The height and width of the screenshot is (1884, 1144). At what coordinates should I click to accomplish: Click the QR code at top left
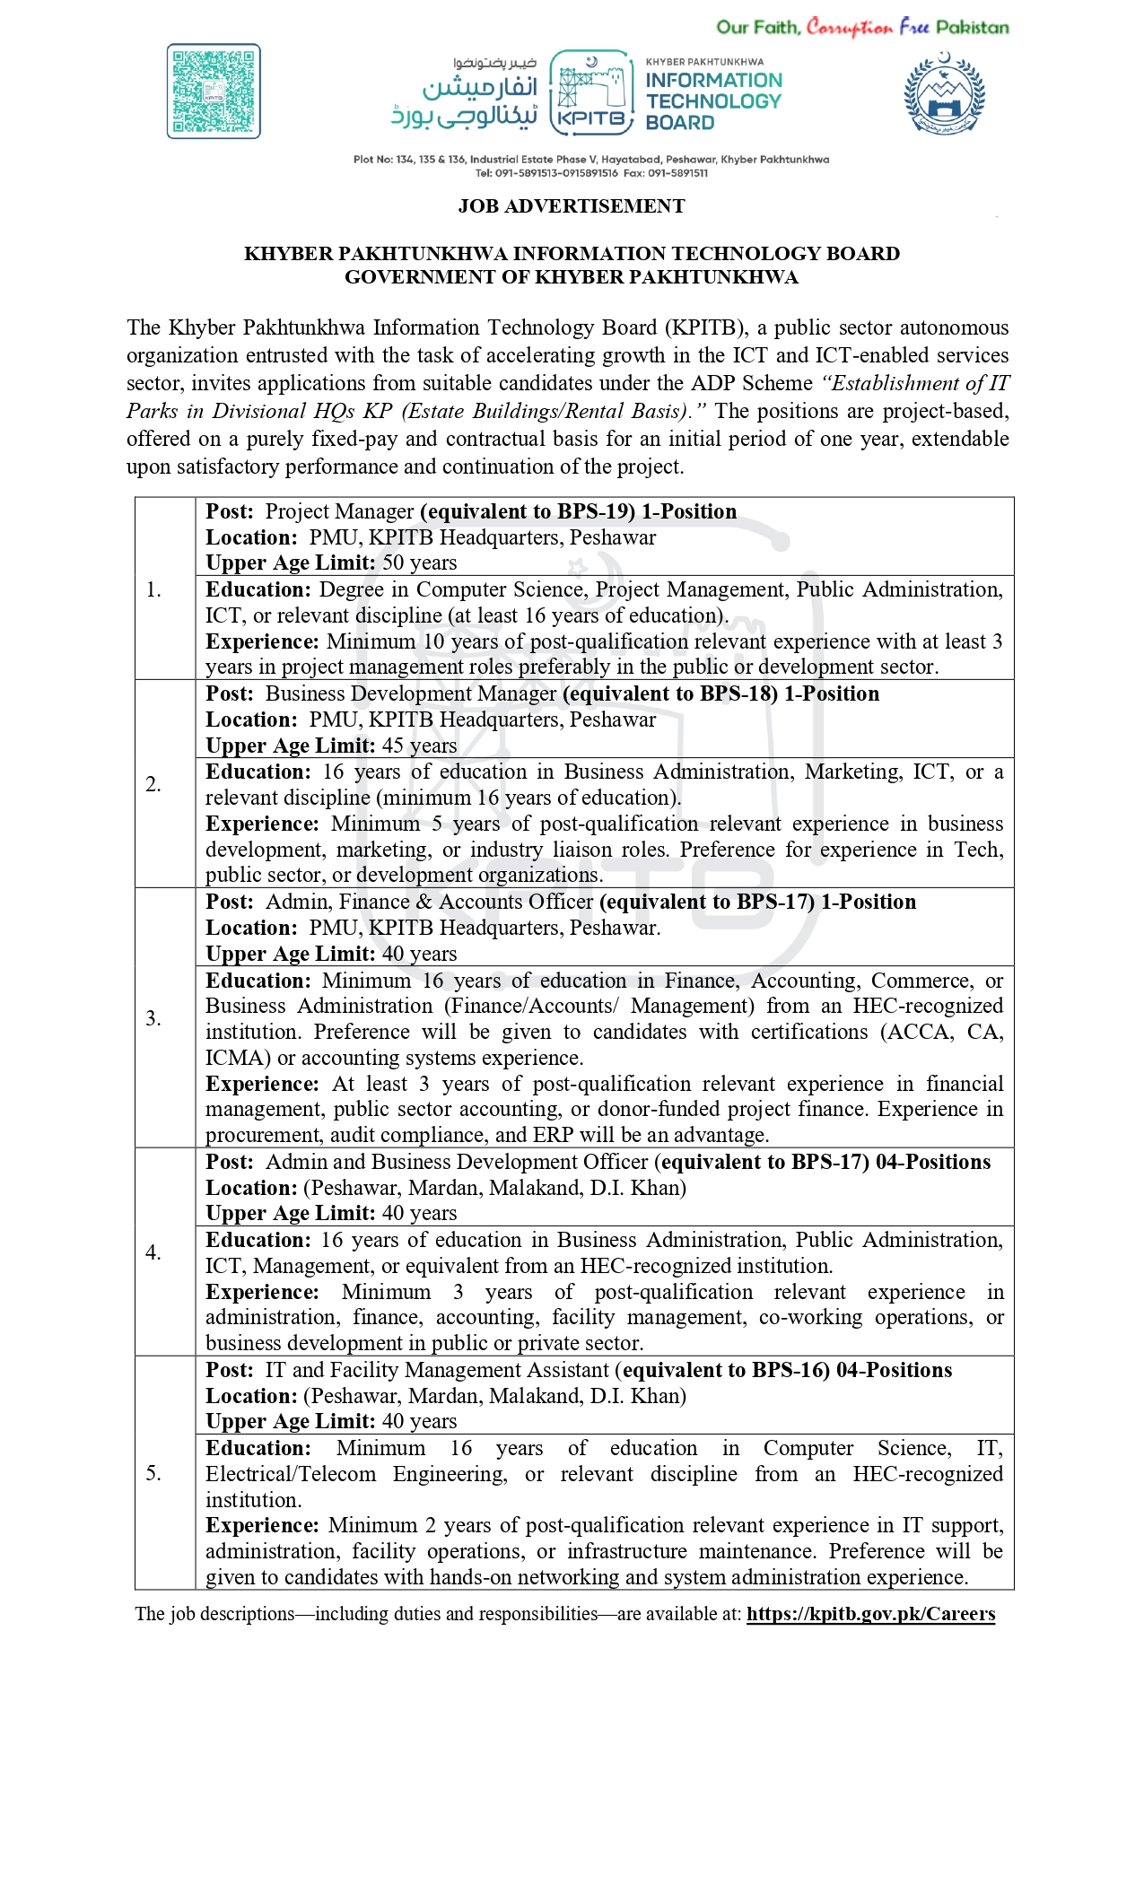pos(214,92)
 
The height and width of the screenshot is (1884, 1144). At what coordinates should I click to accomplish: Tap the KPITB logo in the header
pos(591,93)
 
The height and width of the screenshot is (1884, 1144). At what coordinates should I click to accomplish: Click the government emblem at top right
pos(944,93)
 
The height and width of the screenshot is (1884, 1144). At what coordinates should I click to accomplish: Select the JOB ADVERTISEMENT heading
pos(572,206)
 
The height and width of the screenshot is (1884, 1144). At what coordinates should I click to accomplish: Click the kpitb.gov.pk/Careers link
pos(870,1614)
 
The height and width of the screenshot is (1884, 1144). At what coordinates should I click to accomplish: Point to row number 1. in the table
pos(154,589)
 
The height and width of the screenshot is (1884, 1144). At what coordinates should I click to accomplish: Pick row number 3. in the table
pos(154,1018)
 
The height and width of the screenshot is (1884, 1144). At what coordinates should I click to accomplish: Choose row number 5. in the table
pos(154,1473)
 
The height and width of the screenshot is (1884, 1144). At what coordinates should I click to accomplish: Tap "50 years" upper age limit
pos(419,563)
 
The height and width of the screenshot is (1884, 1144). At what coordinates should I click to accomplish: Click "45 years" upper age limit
pos(419,746)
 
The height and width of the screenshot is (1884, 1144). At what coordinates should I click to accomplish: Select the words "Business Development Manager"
pos(411,694)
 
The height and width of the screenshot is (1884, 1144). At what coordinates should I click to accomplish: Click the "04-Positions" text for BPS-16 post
pos(894,1370)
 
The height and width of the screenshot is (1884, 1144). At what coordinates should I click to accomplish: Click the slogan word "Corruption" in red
pos(849,28)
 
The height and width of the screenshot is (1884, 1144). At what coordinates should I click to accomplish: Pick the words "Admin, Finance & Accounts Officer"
pos(430,903)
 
